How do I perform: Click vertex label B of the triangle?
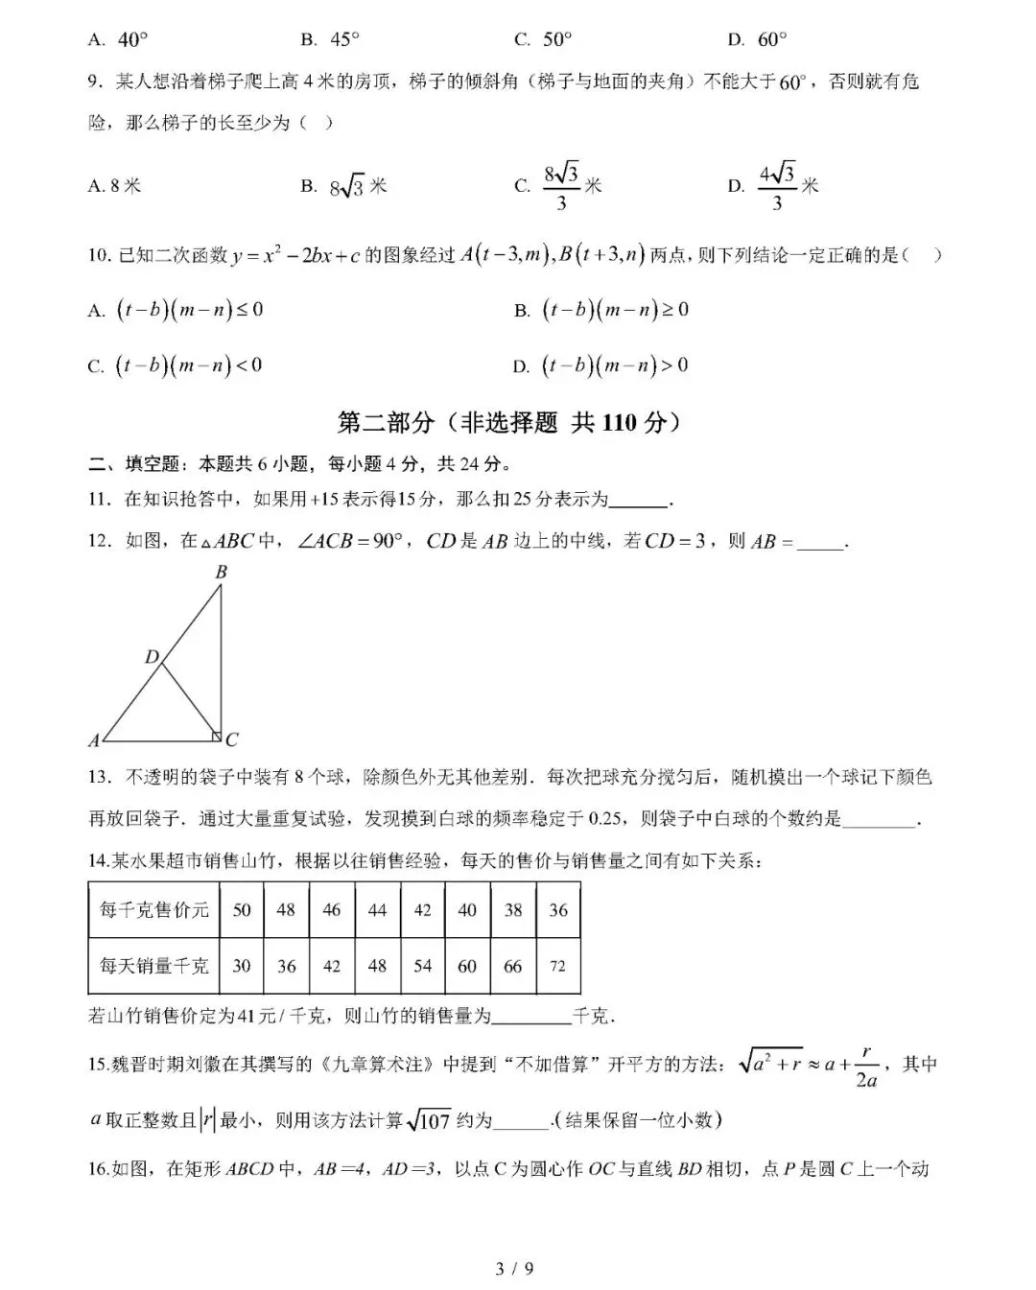click(x=222, y=573)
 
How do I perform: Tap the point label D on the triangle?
click(x=152, y=657)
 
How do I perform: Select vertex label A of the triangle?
click(x=94, y=739)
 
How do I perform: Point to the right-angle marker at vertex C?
click(x=217, y=736)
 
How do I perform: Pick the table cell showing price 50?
click(x=242, y=909)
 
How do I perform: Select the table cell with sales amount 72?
click(x=558, y=966)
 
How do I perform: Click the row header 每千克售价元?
click(x=154, y=909)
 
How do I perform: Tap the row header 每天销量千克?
click(x=154, y=966)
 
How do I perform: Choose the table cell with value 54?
click(x=423, y=966)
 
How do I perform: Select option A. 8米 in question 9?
click(x=114, y=186)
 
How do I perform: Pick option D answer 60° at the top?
click(x=758, y=39)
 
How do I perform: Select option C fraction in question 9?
click(x=562, y=186)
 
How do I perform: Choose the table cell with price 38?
click(x=513, y=909)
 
